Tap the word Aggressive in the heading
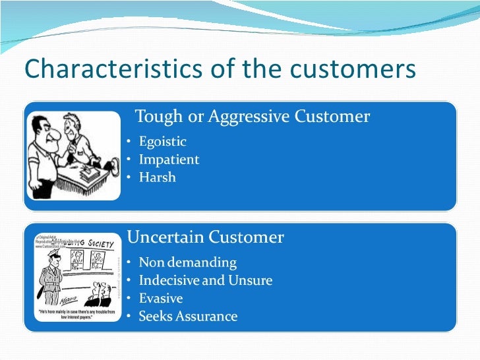[x=249, y=117]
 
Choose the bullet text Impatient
[x=169, y=160]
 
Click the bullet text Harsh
[x=157, y=177]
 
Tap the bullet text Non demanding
[x=187, y=263]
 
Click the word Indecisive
[x=169, y=281]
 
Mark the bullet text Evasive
[x=160, y=299]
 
